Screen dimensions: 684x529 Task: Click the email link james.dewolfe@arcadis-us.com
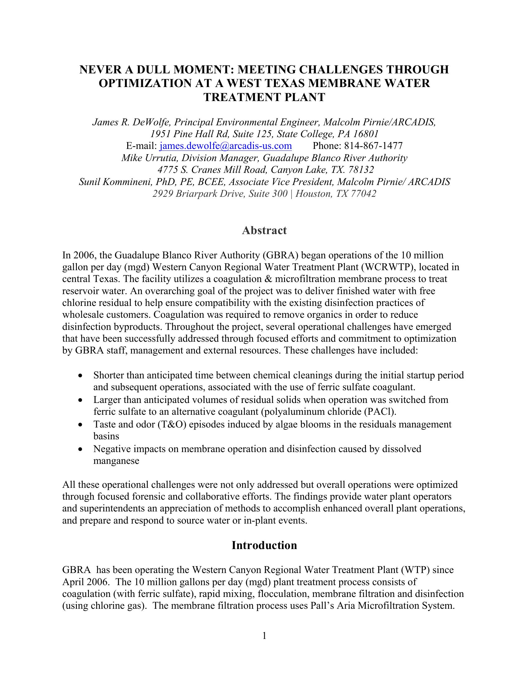pyautogui.click(x=226, y=146)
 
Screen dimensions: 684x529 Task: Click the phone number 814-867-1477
pyautogui.click(x=373, y=146)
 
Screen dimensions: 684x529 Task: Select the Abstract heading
pyautogui.click(x=264, y=230)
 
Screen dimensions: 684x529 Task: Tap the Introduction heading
pyautogui.click(x=264, y=545)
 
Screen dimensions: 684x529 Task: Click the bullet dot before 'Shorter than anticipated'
pyautogui.click(x=81, y=376)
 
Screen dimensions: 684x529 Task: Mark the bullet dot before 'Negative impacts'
pyautogui.click(x=81, y=449)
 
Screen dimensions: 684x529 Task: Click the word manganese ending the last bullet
pyautogui.click(x=116, y=461)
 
